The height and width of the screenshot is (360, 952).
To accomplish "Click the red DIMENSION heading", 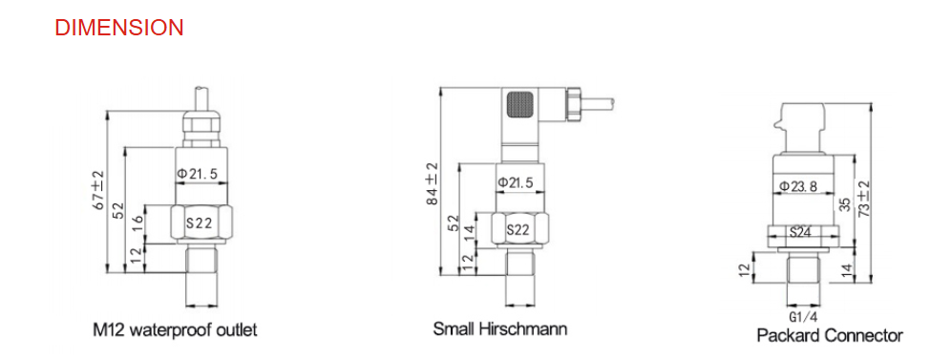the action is point(119,28).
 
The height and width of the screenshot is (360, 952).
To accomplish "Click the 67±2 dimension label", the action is point(97,191).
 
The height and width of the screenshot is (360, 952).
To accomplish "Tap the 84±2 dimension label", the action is point(432,183).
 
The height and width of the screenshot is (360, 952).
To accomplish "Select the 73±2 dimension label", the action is point(863,200).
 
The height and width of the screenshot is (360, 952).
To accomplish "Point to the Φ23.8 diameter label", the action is point(801,186).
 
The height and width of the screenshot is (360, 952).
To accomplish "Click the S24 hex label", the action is point(800,231).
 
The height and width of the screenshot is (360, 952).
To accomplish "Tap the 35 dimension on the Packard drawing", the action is point(844,204).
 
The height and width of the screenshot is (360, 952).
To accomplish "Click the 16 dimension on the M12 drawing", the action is point(138,222).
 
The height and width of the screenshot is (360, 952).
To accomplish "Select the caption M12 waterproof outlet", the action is point(175,330).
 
